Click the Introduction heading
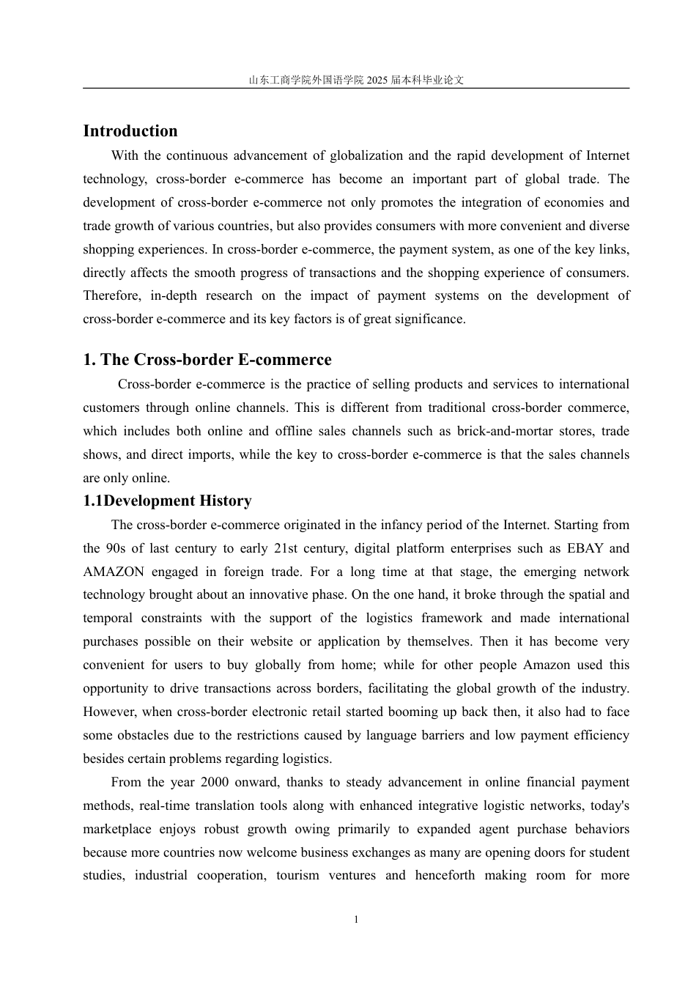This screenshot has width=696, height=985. pyautogui.click(x=130, y=131)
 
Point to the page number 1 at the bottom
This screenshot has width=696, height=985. pyautogui.click(x=356, y=920)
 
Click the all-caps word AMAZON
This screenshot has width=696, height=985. pyautogui.click(x=114, y=572)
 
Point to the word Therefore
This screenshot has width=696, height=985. pyautogui.click(x=111, y=296)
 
